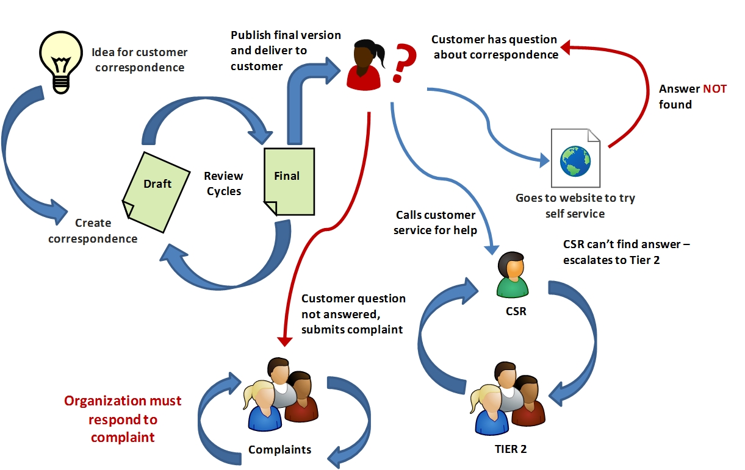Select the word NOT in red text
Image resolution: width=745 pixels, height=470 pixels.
(714, 89)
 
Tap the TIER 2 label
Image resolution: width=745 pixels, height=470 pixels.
(511, 449)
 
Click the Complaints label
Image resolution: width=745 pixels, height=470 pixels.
(279, 450)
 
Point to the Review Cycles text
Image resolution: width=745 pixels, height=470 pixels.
(223, 183)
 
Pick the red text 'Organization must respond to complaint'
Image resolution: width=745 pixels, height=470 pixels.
(123, 419)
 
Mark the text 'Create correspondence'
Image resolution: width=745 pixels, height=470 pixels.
(93, 231)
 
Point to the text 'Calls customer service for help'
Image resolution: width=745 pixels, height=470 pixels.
(434, 223)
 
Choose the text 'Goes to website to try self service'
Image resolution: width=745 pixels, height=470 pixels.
(575, 206)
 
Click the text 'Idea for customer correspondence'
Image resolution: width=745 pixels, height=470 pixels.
(140, 60)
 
